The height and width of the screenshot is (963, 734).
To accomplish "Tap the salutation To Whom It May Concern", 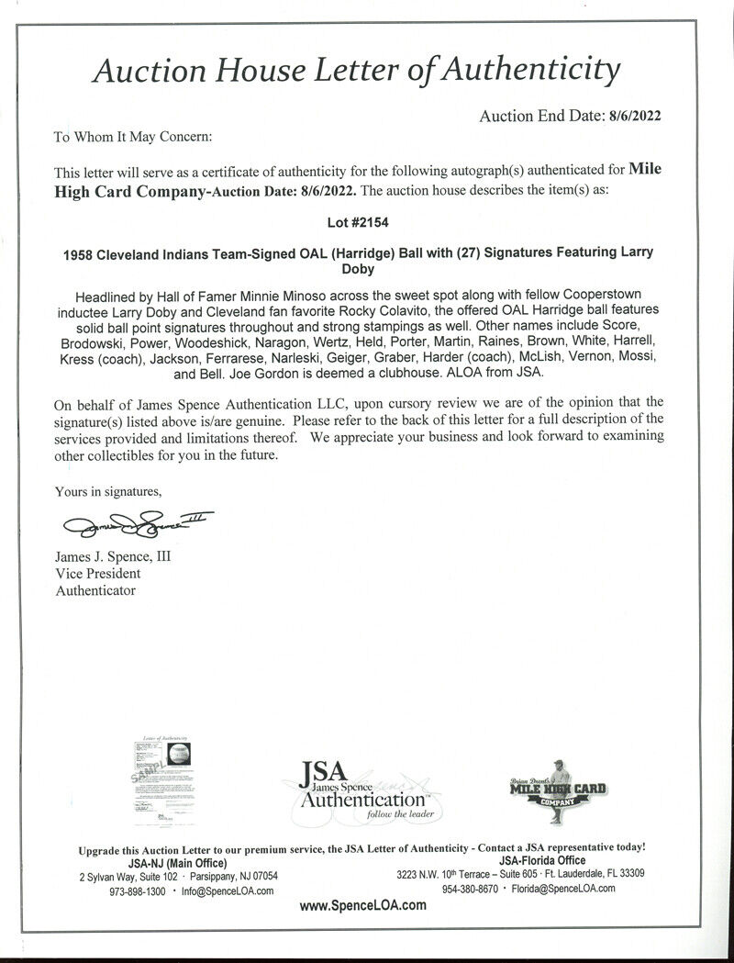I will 132,137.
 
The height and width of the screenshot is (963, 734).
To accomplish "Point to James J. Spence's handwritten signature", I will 133,525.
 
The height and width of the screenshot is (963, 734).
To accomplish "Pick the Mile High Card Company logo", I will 558,788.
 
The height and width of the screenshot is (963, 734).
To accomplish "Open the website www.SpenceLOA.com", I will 363,905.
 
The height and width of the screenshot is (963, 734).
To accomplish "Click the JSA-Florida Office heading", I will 541,860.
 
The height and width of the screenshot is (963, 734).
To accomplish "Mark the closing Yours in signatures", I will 108,492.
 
